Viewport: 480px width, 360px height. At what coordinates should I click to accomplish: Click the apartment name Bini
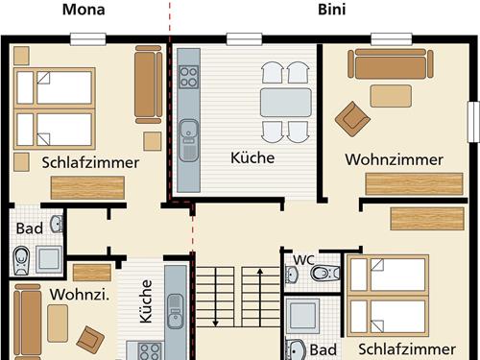(332, 12)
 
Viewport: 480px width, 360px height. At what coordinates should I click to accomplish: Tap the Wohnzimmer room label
(395, 160)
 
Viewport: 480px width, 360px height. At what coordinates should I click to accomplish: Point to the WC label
(303, 259)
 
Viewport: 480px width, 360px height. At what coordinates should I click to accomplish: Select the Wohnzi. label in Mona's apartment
(77, 294)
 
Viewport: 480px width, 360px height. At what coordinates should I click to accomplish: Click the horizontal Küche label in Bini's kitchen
(252, 157)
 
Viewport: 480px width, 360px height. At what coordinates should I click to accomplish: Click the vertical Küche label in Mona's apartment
(146, 300)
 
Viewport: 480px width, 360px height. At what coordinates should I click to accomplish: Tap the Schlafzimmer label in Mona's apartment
(91, 162)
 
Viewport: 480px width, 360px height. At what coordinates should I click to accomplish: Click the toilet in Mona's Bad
(22, 257)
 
